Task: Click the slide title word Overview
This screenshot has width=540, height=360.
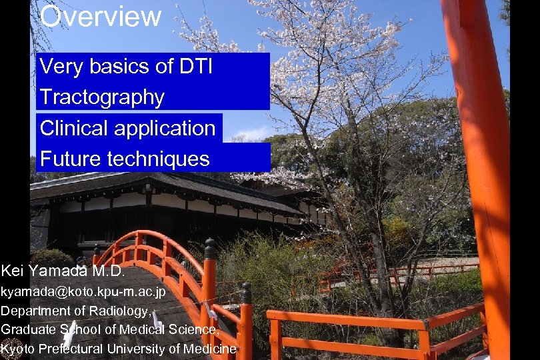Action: coord(101,16)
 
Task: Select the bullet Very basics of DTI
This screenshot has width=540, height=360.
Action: coord(126,67)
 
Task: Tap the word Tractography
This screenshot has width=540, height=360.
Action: coord(102,97)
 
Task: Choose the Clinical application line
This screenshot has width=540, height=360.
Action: coord(128,128)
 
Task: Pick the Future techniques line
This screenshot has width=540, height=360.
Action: coord(125,159)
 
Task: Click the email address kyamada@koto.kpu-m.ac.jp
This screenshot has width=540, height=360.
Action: coord(83,291)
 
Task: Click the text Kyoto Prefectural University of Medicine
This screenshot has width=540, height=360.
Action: coord(119,349)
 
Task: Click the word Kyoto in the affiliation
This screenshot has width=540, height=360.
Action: coord(18,349)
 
